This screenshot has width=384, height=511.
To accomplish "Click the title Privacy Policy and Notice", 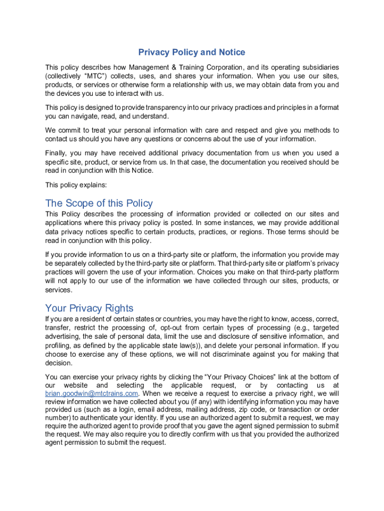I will coord(192,52).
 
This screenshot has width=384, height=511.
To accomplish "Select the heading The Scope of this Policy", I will coord(99,203).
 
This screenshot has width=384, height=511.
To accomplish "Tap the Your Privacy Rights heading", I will coord(89,308).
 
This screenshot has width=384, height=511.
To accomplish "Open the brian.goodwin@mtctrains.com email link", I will coord(91,393).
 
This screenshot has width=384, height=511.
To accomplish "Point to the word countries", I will coord(177,318).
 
